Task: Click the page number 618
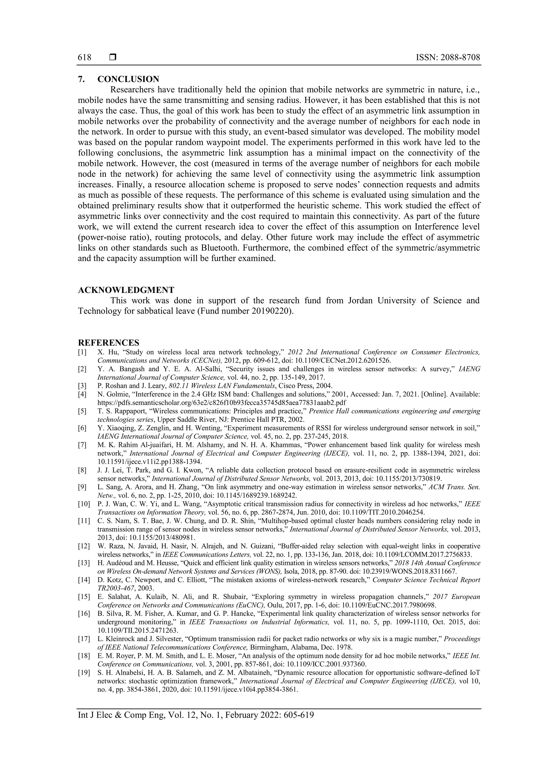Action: click(x=85, y=58)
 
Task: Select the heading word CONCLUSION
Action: click(x=128, y=79)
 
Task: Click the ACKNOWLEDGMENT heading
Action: click(x=126, y=290)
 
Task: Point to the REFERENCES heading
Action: click(x=109, y=343)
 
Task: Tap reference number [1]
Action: click(x=82, y=352)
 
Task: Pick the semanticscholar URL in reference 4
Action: click(x=222, y=402)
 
